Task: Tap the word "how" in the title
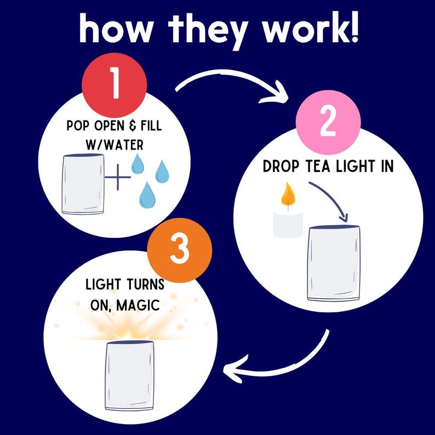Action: pos(116,28)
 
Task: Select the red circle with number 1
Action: pos(115,85)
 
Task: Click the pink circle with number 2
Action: pos(328,122)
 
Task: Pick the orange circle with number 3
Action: pos(180,250)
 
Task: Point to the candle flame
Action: pos(288,194)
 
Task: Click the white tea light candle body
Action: pos(288,225)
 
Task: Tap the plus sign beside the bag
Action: pos(118,178)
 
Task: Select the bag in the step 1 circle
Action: pos(83,184)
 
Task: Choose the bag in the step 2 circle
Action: pos(334,263)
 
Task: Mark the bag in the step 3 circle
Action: pos(129,375)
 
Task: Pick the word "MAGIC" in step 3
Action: pos(138,305)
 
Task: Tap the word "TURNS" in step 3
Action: pos(146,285)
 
